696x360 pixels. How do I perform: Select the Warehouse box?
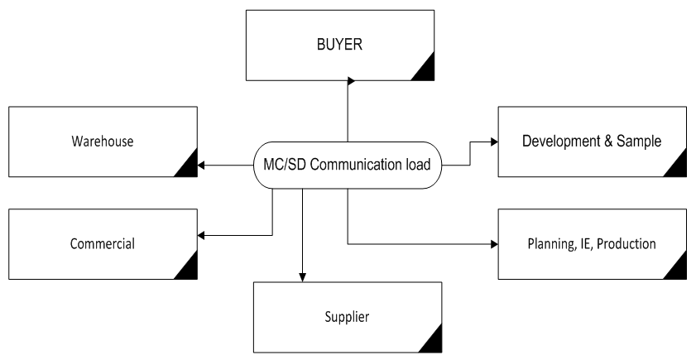[x=102, y=142]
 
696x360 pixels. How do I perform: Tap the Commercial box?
[x=102, y=244]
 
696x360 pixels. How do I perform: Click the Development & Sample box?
[x=591, y=141]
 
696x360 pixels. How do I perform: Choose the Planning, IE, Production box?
[x=591, y=244]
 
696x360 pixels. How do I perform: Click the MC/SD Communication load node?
[x=347, y=164]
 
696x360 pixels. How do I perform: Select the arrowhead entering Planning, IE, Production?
[x=495, y=244]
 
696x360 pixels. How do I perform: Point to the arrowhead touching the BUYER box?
[x=350, y=81]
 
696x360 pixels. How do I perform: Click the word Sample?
[x=641, y=141]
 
